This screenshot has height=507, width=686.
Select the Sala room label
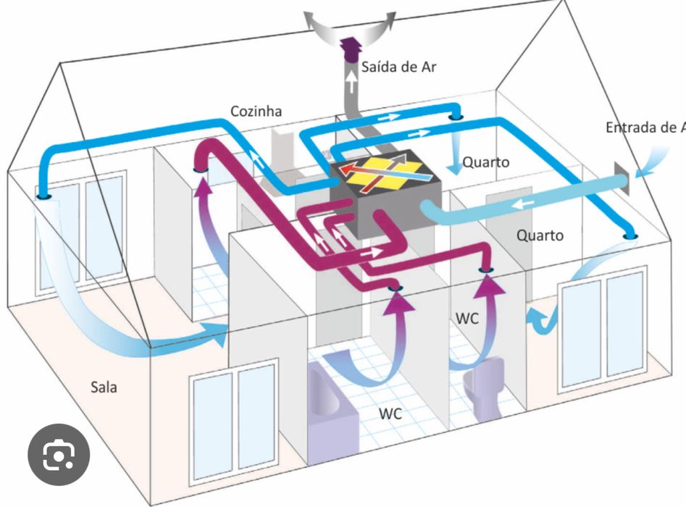coord(104,387)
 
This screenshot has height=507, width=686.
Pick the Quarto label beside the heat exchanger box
coord(485,162)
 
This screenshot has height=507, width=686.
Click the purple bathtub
coord(333,413)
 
